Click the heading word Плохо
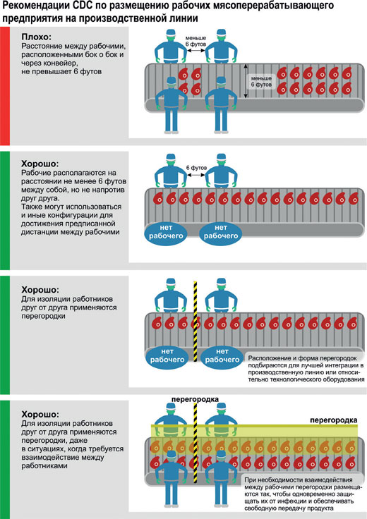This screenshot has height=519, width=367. tap(35, 37)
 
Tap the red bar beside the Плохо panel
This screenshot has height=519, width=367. tap(5, 86)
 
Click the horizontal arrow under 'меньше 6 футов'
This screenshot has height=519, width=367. tap(195, 51)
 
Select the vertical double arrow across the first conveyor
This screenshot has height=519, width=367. tap(246, 81)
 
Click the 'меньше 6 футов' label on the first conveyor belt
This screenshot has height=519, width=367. tap(261, 81)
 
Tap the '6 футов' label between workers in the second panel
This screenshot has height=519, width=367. tap(196, 168)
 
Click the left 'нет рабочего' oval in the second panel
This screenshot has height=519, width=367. tap(166, 232)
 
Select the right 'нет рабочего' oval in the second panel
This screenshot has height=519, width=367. tap(221, 232)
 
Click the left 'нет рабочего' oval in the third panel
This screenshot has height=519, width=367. tap(167, 356)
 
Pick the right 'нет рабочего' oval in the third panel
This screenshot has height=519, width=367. tap(222, 356)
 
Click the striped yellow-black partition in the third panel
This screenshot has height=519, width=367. tap(195, 322)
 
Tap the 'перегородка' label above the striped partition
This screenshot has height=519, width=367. tap(195, 399)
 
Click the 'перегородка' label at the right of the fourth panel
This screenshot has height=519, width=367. tap(334, 420)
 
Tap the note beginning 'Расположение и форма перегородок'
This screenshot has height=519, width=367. tap(306, 369)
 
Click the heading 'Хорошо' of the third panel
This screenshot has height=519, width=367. tap(40, 290)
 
